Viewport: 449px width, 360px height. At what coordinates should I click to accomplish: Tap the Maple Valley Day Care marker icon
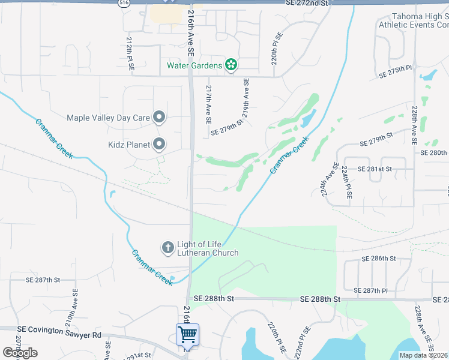[x=159, y=118]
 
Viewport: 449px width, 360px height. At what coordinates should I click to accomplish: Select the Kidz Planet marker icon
[x=159, y=144]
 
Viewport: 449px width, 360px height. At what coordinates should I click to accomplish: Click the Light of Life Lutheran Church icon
[x=168, y=247]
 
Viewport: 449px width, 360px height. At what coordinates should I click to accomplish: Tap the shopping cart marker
[x=187, y=334]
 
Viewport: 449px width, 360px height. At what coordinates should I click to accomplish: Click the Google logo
[x=20, y=353]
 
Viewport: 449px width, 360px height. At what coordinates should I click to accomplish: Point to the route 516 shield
[x=124, y=3]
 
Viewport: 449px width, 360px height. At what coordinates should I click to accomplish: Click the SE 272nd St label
[x=308, y=4]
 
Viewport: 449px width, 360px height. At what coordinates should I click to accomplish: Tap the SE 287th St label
[x=43, y=280]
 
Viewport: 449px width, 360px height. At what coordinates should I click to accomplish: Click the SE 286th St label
[x=378, y=259]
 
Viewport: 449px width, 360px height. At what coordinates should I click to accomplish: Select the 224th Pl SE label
[x=347, y=183]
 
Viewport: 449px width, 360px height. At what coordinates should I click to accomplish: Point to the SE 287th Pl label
[x=371, y=290]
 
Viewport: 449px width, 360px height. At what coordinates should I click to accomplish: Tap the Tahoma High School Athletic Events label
[x=414, y=20]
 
